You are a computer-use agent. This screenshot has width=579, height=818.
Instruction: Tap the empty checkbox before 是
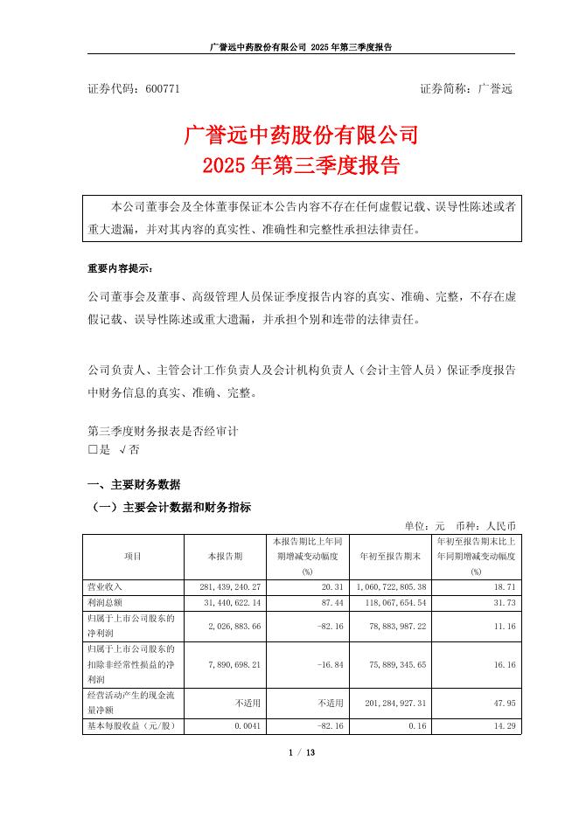(x=94, y=450)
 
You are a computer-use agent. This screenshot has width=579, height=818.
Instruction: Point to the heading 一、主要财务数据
(x=134, y=485)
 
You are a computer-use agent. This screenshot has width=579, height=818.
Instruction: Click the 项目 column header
(x=133, y=555)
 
